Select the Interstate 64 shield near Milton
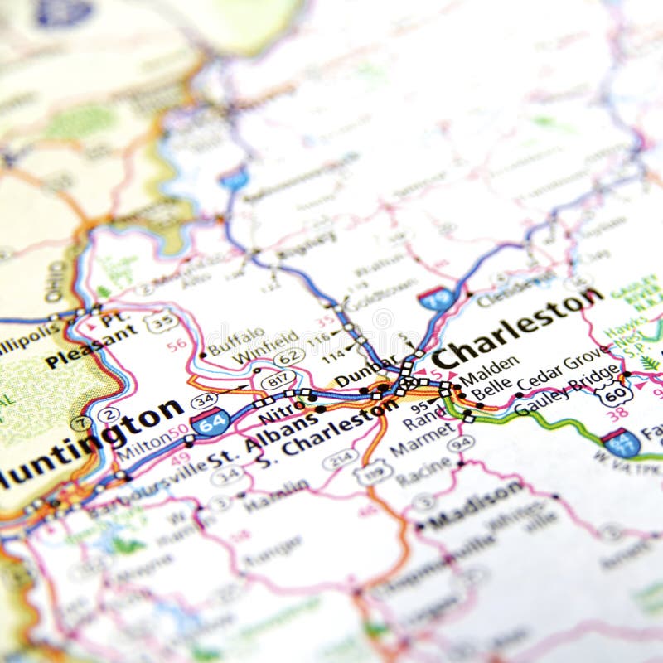tap(211, 422)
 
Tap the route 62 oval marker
tap(289, 357)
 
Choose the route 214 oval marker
tap(341, 458)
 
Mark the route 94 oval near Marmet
tap(461, 443)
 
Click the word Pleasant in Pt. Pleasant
tap(91, 347)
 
